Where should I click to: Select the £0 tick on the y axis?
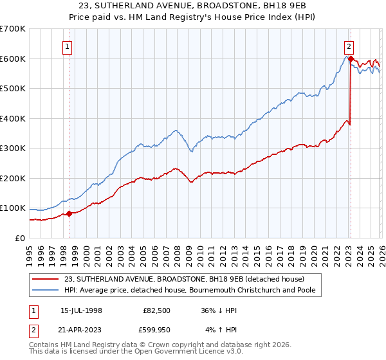coord(19,238)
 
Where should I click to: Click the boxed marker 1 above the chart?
coord(68,46)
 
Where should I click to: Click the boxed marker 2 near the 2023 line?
coord(349,46)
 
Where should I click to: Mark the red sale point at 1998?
coord(69,213)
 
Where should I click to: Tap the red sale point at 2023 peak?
coord(351,59)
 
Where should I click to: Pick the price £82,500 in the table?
coord(157,310)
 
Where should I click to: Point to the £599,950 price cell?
coord(157,329)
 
